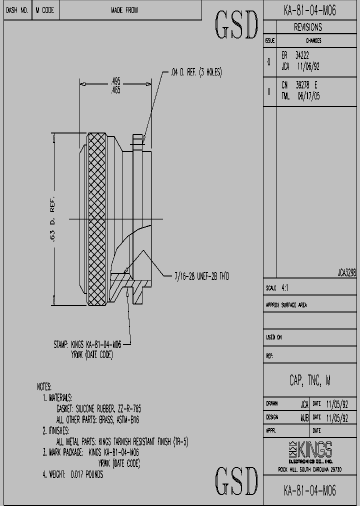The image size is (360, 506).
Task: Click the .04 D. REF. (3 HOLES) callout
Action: coord(196,72)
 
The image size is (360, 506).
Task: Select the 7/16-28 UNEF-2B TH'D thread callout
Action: coord(201,276)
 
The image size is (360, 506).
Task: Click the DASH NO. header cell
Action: coord(17,10)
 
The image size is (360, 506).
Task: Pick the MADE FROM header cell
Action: coord(124,10)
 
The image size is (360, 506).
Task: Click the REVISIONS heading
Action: coord(307,27)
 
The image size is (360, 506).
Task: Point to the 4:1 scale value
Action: coord(284,288)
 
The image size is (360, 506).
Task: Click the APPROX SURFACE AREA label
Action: coord(286,305)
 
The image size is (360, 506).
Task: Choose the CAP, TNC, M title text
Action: coord(309,380)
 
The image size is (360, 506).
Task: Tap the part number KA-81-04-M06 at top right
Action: coord(310,9)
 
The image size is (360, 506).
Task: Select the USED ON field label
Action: coord(273,337)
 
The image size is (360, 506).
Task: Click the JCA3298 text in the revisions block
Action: coord(346,273)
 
